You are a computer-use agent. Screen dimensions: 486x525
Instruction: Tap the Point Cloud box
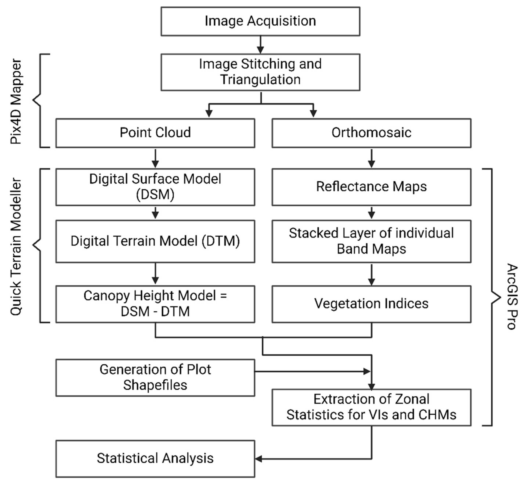coord(155,133)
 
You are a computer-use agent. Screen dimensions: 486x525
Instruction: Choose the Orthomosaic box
coord(371,133)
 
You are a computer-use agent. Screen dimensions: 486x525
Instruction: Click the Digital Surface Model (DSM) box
coord(155,187)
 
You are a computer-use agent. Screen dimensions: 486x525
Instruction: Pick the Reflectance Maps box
coord(371,187)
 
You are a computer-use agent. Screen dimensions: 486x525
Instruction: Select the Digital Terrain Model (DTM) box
coord(155,241)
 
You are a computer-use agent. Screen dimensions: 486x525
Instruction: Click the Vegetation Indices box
coord(371,304)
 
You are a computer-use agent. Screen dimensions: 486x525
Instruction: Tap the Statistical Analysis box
coord(155,459)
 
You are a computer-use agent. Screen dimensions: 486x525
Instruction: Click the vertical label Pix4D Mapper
coord(16,101)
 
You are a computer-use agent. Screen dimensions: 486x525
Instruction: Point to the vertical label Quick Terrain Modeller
coord(16,246)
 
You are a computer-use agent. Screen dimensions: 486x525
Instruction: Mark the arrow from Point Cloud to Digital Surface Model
coord(155,158)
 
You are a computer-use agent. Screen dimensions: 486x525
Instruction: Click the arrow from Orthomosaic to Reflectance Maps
coord(371,158)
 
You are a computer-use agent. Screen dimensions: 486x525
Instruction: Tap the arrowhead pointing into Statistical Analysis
coord(258,459)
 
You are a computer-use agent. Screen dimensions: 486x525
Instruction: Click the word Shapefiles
coord(155,385)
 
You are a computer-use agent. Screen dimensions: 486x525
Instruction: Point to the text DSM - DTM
coord(155,312)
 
